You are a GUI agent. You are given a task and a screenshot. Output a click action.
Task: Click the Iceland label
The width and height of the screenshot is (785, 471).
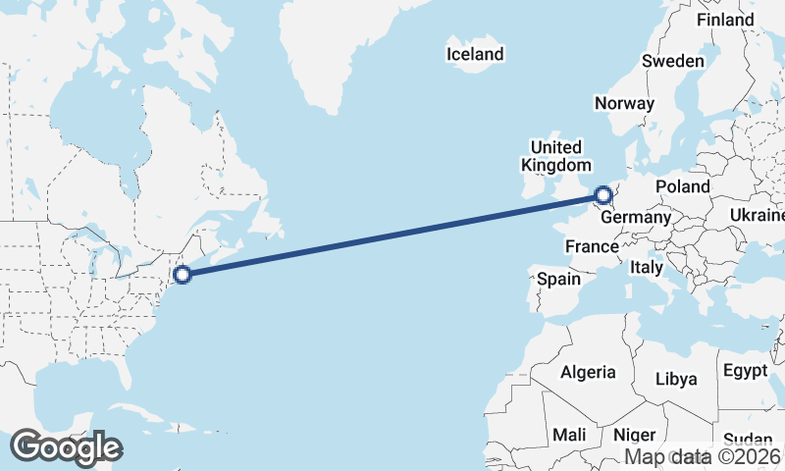pos(475,54)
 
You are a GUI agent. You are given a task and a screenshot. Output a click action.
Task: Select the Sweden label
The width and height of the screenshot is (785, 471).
pos(673,61)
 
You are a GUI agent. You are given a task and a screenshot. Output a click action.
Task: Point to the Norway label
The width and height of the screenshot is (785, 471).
pos(624,104)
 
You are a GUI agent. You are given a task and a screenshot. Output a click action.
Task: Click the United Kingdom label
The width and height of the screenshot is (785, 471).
pos(556,156)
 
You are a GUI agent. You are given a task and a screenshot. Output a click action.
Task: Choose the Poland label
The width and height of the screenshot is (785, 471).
pos(683,186)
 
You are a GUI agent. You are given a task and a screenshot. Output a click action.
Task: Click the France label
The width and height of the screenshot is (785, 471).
pos(592,246)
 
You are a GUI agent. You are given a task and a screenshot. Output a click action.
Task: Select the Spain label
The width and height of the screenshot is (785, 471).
pos(558,279)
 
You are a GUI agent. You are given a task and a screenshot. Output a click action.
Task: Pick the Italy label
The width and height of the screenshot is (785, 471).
pos(647,267)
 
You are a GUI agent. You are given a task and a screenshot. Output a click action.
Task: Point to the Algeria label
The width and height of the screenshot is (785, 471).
pos(588,372)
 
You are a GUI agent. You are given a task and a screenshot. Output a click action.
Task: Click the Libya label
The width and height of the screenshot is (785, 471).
pos(675,379)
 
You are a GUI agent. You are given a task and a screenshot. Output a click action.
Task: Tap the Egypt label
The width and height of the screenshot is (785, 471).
pos(745,371)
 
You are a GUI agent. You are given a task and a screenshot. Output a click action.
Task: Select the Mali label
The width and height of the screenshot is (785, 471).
pos(569,435)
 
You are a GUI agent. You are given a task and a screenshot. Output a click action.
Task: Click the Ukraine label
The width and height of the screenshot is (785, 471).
pos(758,215)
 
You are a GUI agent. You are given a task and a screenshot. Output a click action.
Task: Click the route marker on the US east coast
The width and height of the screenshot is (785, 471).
pos(181,275)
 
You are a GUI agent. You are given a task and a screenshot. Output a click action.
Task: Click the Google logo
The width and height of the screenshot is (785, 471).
pos(66,447)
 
